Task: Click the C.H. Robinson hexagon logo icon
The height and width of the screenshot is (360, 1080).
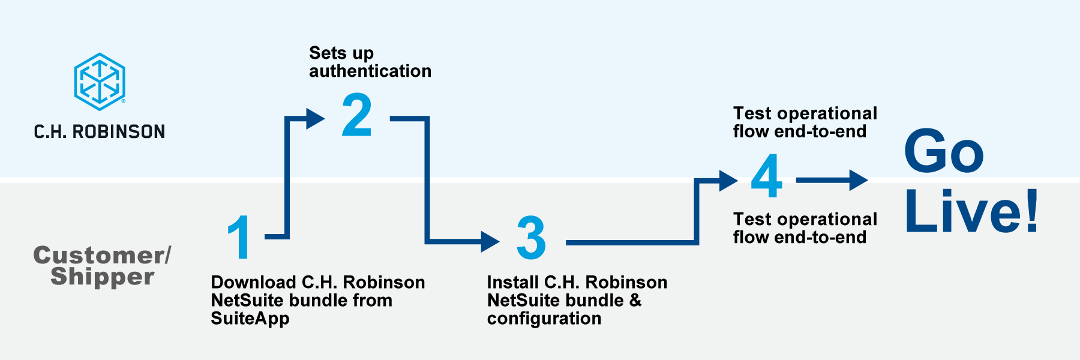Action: tap(100, 82)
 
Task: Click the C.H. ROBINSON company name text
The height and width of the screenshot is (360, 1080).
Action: tap(100, 131)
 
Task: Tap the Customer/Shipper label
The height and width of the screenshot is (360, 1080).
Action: tap(102, 265)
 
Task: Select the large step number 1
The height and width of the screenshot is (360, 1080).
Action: tap(239, 238)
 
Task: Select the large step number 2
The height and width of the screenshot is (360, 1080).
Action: tap(357, 115)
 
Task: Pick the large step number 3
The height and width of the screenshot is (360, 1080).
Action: tap(532, 238)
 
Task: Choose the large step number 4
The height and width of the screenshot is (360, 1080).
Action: tap(767, 176)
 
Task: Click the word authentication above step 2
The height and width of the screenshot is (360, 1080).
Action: tap(370, 71)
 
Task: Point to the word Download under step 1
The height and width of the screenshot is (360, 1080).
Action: tap(253, 282)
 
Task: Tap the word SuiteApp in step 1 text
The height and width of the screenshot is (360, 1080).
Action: tap(250, 319)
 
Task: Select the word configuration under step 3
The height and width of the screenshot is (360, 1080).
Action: tap(544, 319)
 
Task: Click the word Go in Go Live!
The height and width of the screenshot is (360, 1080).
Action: tap(944, 151)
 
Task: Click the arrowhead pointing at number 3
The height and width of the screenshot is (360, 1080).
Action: tap(490, 242)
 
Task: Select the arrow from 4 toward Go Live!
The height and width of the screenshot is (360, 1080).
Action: tap(832, 180)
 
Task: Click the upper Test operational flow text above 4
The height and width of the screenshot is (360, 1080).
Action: tap(805, 122)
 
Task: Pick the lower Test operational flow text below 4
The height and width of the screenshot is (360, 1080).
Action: tap(805, 228)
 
